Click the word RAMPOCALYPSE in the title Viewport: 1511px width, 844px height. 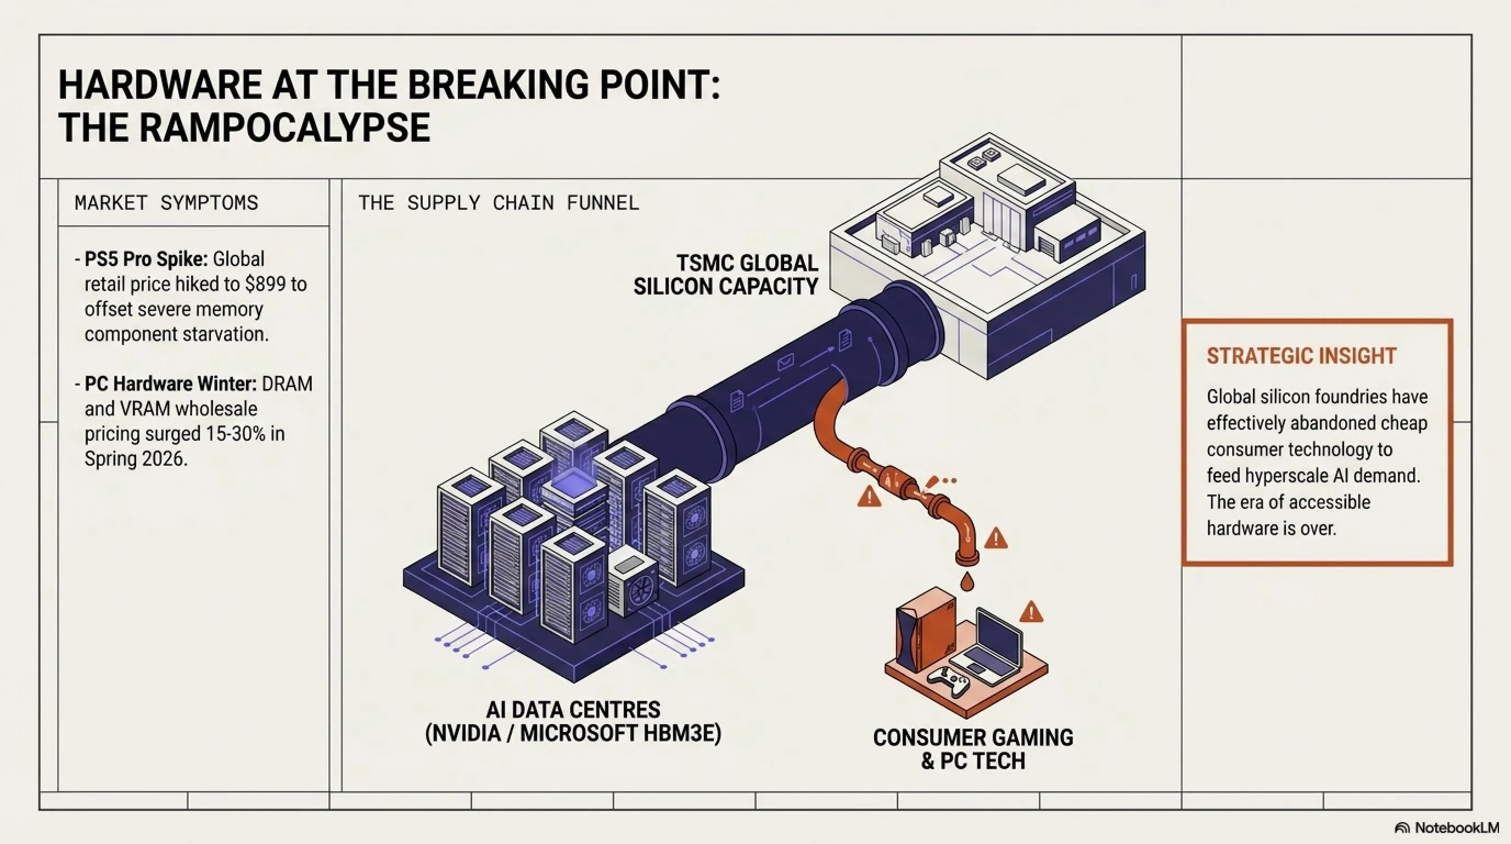(284, 127)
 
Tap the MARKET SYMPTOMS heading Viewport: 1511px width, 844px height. (166, 203)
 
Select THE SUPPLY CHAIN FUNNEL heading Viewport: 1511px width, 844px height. (499, 203)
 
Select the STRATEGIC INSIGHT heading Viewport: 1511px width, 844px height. (1302, 356)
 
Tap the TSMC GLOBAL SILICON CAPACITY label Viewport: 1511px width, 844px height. (726, 275)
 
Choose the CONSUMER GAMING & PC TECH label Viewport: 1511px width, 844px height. (973, 749)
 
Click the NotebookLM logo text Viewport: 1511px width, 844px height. (1457, 828)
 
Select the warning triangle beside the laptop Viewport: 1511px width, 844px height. (1031, 612)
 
